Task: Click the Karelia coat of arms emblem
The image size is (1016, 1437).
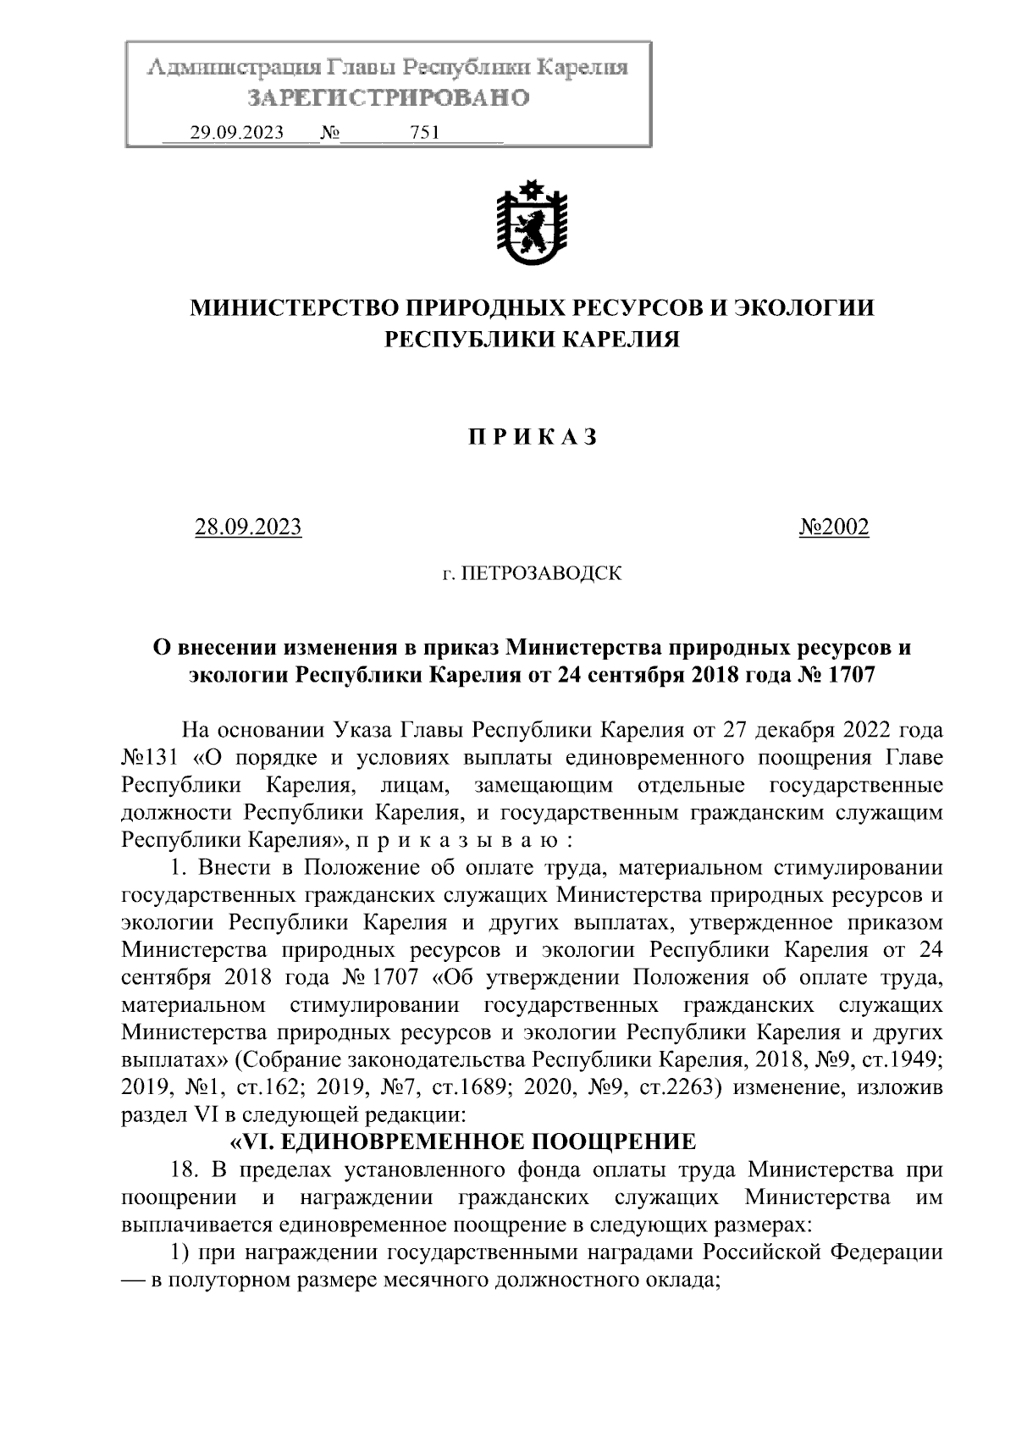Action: click(531, 223)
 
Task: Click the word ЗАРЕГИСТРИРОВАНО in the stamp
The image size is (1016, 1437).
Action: click(387, 98)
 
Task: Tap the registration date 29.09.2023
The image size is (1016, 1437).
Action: click(236, 133)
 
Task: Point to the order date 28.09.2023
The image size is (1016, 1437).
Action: click(248, 527)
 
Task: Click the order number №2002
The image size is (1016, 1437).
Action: click(834, 527)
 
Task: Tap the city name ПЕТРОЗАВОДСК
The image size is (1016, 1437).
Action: click(541, 574)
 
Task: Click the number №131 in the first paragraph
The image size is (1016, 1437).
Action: click(149, 757)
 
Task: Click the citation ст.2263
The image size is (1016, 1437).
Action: click(678, 1087)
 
